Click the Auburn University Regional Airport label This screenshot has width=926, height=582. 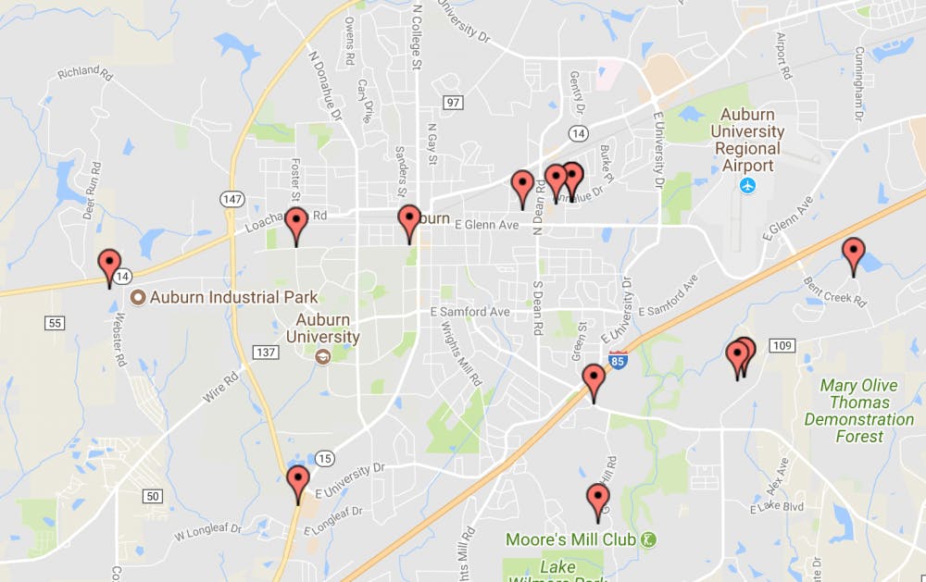[x=747, y=140]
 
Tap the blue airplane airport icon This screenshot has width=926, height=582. [x=747, y=185]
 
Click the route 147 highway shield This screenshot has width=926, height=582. [x=231, y=198]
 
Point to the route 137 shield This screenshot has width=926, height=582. [x=267, y=353]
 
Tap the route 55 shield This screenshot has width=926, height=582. [x=54, y=322]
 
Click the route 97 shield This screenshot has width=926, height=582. [x=452, y=102]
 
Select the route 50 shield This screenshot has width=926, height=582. [x=153, y=497]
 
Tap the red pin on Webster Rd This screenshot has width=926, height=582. [x=109, y=266]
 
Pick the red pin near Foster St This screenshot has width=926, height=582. [x=295, y=224]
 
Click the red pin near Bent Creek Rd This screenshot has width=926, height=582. [x=853, y=254]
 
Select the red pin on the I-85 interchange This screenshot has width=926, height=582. [x=593, y=381]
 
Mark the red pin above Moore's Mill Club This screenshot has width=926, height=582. [x=598, y=501]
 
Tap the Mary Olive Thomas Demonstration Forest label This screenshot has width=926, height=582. [x=859, y=410]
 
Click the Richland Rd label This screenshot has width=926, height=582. [x=84, y=74]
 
